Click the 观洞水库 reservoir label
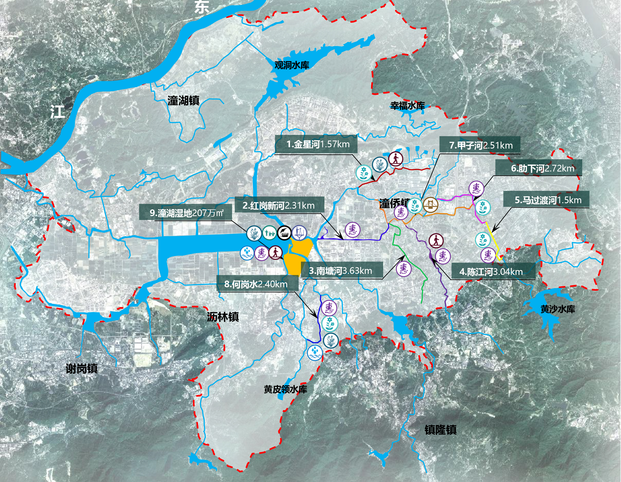click(x=291, y=65)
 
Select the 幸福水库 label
click(x=407, y=106)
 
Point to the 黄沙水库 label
click(x=558, y=309)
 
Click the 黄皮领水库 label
click(x=285, y=389)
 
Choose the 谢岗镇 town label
click(x=82, y=369)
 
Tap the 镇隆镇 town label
click(x=440, y=430)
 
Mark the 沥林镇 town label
click(x=223, y=317)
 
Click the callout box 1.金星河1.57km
click(x=316, y=144)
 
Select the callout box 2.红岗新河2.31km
click(x=279, y=205)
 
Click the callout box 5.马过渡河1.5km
click(x=546, y=200)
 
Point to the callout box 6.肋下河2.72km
click(x=539, y=168)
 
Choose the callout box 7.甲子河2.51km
click(x=480, y=145)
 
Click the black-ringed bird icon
click(x=284, y=233)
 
